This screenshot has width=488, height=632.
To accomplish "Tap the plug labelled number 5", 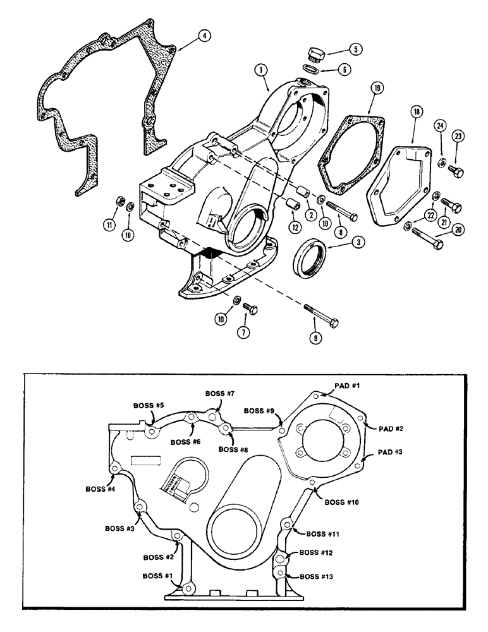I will (x=314, y=53).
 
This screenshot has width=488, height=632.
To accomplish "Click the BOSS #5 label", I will (x=149, y=404).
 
